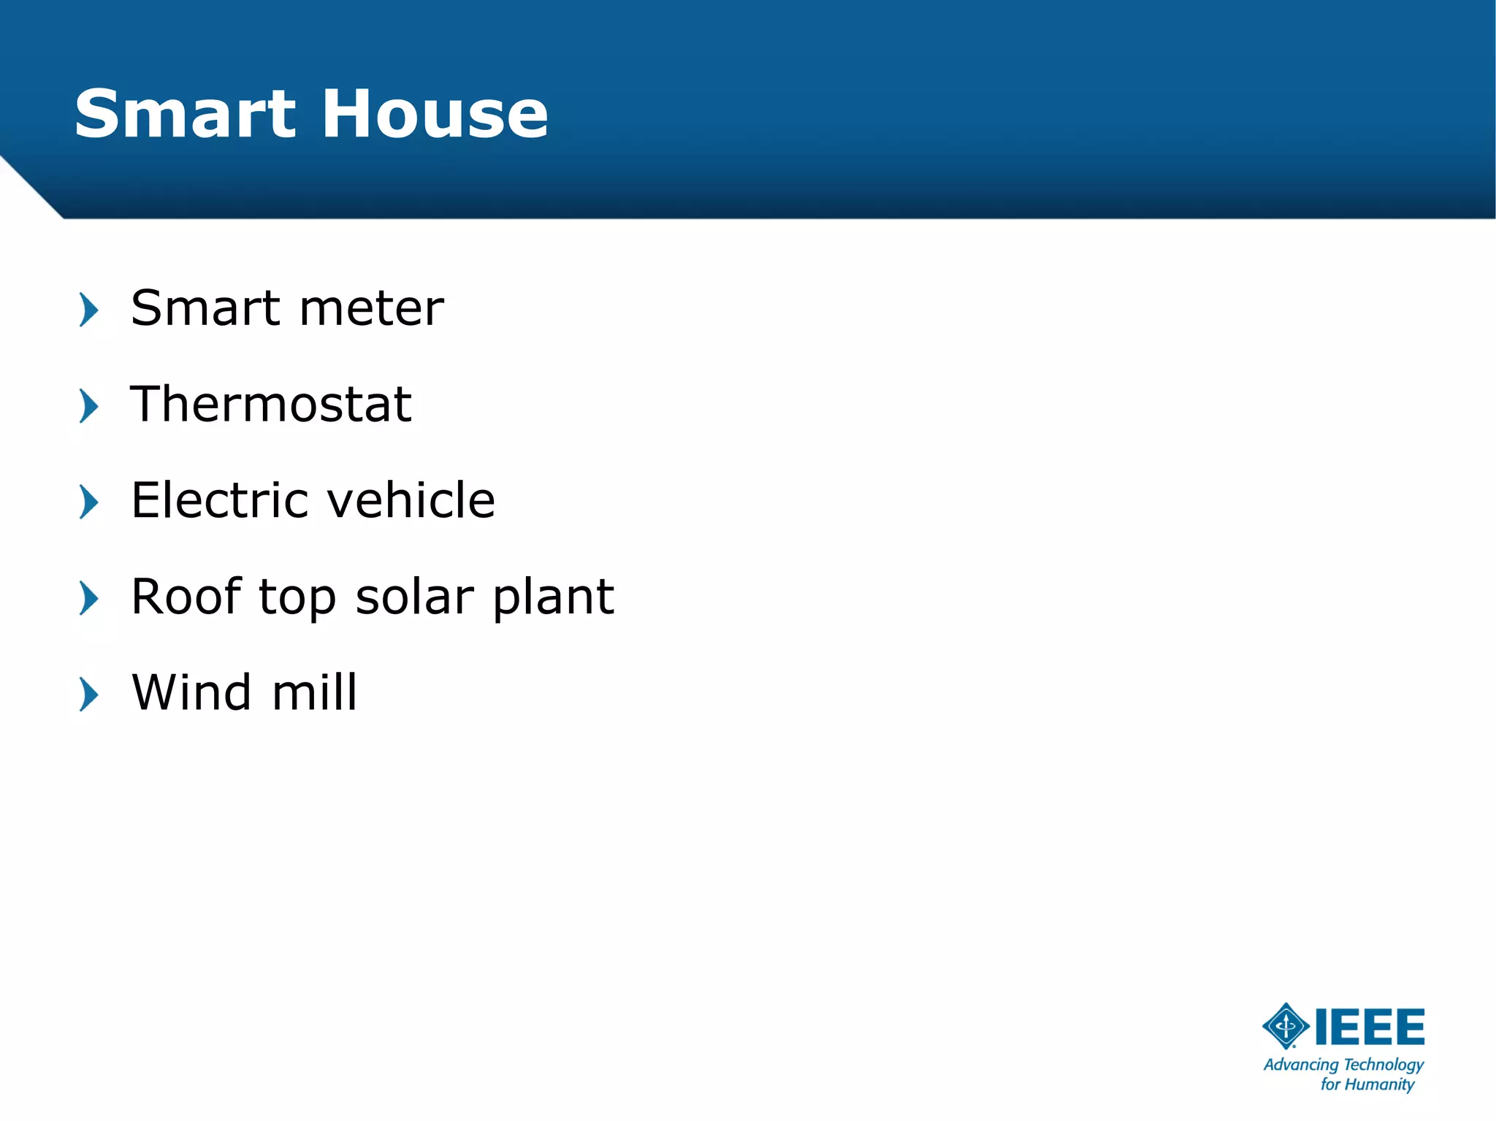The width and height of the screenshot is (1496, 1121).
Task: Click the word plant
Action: [553, 598]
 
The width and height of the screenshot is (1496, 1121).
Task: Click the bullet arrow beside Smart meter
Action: [88, 310]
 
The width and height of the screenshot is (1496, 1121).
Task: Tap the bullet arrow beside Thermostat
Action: [88, 406]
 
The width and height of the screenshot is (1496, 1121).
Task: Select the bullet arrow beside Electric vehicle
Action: [88, 502]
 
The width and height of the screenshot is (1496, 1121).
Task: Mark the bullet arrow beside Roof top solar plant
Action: [88, 599]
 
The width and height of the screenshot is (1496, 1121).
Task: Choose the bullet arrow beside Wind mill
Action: [88, 695]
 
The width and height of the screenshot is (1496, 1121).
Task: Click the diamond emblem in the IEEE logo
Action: [1286, 1026]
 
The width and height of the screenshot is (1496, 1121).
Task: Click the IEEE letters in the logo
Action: [1370, 1027]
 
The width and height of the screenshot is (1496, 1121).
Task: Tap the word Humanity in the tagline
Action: [1379, 1084]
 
